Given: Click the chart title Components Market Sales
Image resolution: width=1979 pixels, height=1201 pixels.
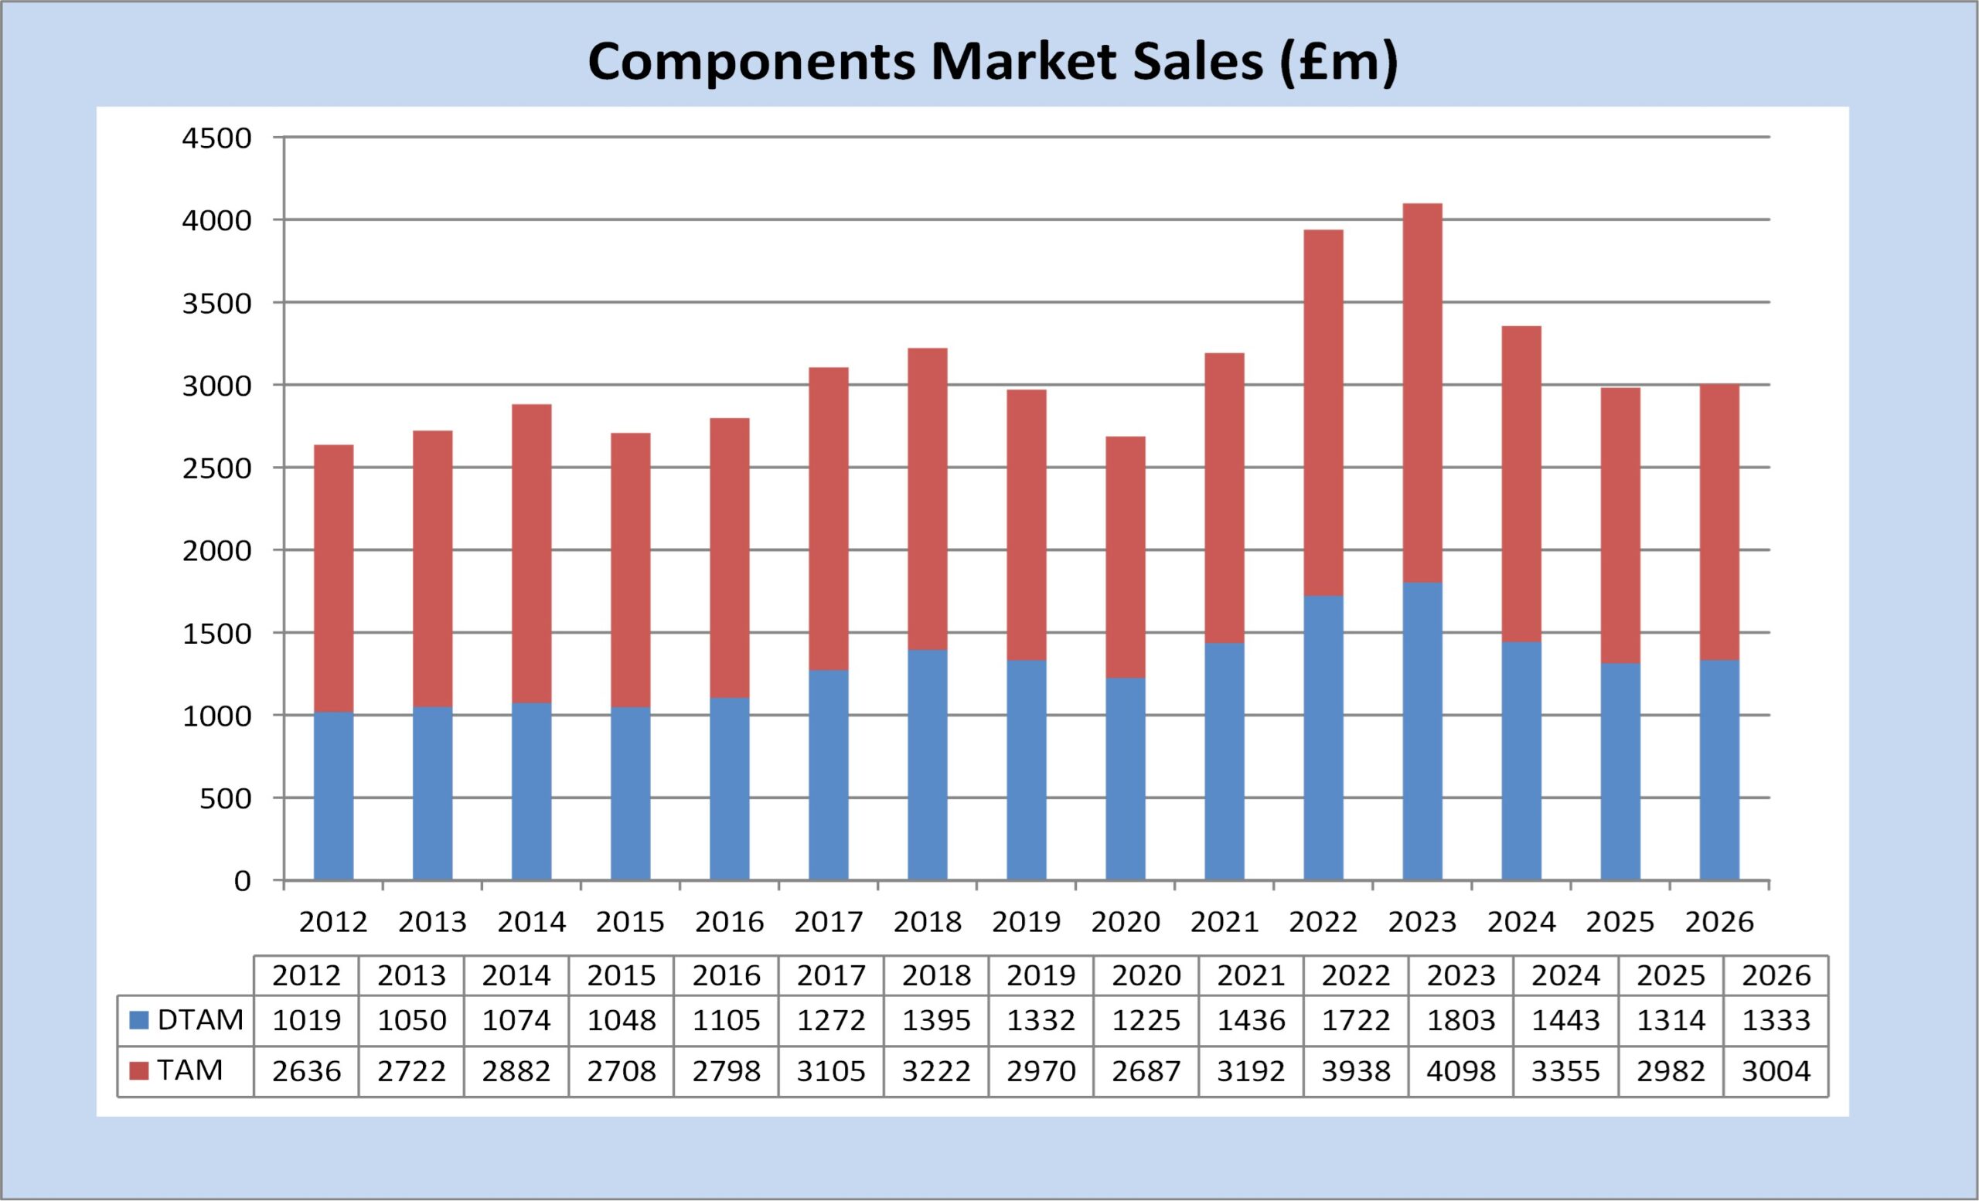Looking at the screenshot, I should [x=993, y=62].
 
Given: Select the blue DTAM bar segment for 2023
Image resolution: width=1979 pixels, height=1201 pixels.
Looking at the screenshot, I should [x=1422, y=730].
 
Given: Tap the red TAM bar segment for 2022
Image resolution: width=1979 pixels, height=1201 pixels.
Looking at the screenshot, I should [x=1323, y=413].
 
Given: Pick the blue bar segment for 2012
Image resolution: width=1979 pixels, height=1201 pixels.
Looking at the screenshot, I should [x=333, y=795].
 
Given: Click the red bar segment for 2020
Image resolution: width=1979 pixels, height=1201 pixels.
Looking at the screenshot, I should [x=1126, y=557].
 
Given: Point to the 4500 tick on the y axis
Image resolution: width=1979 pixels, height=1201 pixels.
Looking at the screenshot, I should [x=217, y=138].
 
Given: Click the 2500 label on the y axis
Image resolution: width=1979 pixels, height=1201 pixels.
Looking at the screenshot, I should [x=217, y=469].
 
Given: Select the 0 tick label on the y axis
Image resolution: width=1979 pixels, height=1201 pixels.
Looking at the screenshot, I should [x=242, y=882].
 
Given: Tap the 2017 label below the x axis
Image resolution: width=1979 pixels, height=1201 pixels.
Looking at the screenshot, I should [x=828, y=923].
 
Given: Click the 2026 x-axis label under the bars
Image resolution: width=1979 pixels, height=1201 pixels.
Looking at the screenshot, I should [x=1718, y=923].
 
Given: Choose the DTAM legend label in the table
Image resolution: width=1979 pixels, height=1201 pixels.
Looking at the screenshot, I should [x=200, y=1019].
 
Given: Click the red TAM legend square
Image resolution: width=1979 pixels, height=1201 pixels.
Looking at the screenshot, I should [x=139, y=1071].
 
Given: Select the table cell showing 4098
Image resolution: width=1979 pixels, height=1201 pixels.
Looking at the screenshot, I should [x=1461, y=1071].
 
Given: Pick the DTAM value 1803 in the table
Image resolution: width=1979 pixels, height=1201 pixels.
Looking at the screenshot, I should [x=1461, y=1020].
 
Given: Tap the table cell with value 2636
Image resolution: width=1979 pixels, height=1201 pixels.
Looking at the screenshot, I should [x=307, y=1071].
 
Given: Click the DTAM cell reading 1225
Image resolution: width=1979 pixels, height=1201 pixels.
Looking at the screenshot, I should [x=1146, y=1020].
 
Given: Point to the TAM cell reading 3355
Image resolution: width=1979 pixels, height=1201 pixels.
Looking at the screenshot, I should [x=1565, y=1071].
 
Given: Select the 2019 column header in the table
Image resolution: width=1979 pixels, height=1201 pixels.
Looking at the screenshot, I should [x=1041, y=975].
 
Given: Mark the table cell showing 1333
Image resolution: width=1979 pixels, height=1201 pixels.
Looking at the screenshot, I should [x=1776, y=1020].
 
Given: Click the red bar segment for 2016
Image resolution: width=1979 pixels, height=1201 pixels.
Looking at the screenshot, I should [x=729, y=558].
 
